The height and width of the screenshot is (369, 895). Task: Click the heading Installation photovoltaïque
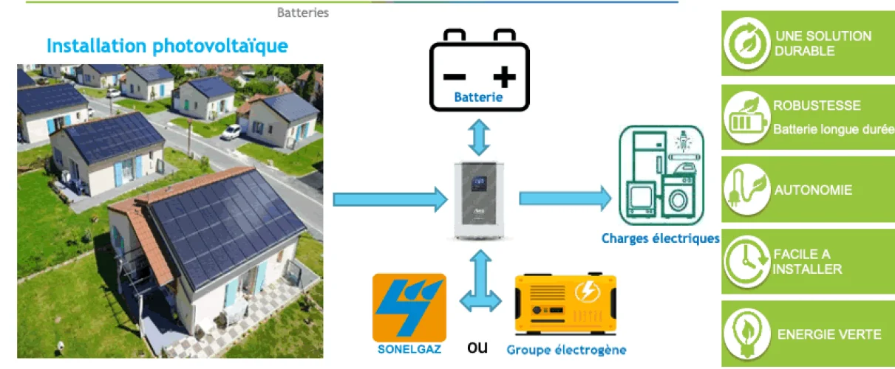pos(167,46)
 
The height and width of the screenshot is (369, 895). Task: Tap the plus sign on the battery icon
pos(504,76)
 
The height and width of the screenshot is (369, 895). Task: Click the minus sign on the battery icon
pos(454,76)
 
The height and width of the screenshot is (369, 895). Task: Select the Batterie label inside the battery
pos(478,97)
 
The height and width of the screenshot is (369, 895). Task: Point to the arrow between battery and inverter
pos(479,138)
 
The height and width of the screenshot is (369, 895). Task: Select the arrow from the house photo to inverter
pos(390,199)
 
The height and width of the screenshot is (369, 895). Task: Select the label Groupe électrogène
pos(566,350)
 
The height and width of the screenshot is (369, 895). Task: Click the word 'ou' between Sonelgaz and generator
pos(477,347)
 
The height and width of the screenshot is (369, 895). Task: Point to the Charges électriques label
pos(660,238)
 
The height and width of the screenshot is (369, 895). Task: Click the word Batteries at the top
pos(303,13)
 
